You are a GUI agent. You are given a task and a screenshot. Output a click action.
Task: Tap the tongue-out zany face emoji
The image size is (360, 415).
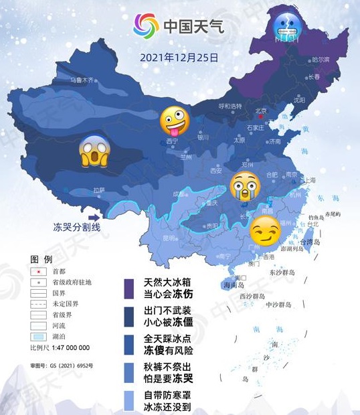pyautogui.click(x=173, y=122)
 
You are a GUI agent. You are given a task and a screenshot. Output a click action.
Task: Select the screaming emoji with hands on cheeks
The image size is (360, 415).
pyautogui.click(x=93, y=151)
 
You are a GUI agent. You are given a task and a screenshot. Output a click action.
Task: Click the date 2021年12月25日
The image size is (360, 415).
pyautogui.click(x=179, y=58)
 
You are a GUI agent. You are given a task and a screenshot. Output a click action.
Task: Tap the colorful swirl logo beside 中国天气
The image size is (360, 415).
pyautogui.click(x=145, y=26)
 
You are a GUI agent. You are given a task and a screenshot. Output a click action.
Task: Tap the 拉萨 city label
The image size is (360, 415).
pyautogui.click(x=98, y=189)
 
